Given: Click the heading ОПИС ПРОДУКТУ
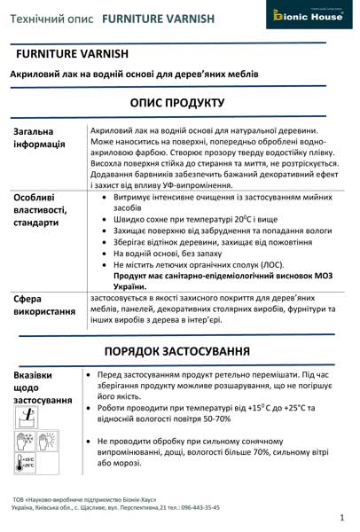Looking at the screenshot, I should pyautogui.click(x=180, y=103).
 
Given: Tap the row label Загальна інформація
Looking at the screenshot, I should pyautogui.click(x=40, y=139).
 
